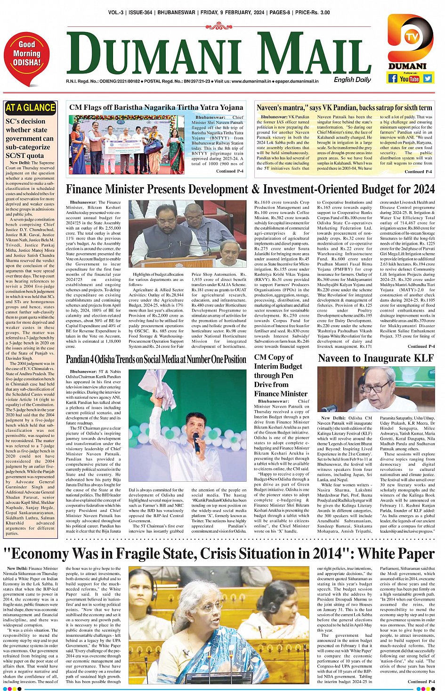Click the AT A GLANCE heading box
30,108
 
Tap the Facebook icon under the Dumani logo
392,79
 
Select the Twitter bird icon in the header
427,79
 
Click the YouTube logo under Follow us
409,79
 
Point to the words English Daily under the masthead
352,80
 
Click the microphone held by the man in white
196,442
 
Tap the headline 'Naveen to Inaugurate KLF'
375,358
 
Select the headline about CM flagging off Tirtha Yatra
156,107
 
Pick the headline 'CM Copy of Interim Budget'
281,375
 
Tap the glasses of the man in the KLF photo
376,389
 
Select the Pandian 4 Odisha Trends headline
156,360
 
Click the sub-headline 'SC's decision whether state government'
30,138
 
